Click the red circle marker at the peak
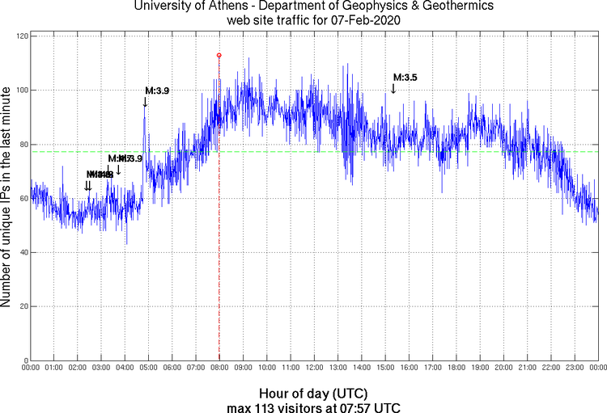[x=219, y=55]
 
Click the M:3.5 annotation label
[x=405, y=78]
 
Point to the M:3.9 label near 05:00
[x=157, y=91]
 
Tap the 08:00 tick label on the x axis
[x=219, y=369]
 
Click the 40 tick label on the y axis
[x=21, y=252]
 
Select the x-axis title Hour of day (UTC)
[x=313, y=392]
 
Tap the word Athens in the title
[x=226, y=6]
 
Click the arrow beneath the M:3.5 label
[x=393, y=88]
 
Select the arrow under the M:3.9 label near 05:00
[x=145, y=102]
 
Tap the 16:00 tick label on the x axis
[x=409, y=369]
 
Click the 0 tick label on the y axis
[x=24, y=360]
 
